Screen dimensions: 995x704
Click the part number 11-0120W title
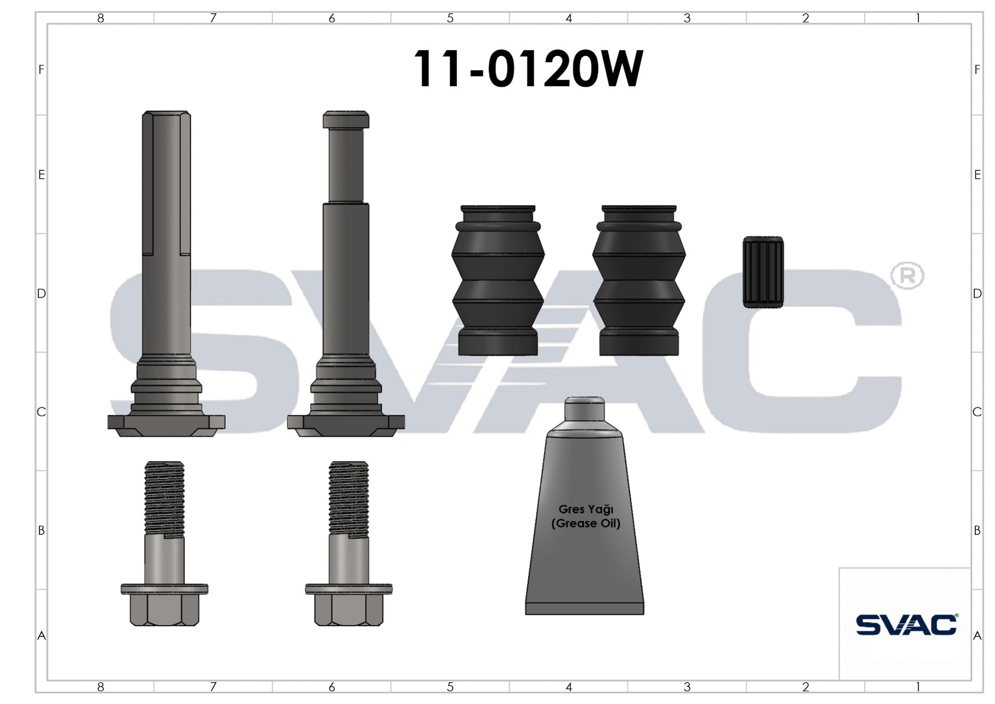[528, 69]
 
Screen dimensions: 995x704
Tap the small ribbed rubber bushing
[763, 272]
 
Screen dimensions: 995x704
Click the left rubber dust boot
[498, 280]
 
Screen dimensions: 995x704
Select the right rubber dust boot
[639, 280]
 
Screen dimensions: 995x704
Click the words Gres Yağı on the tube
[586, 509]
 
